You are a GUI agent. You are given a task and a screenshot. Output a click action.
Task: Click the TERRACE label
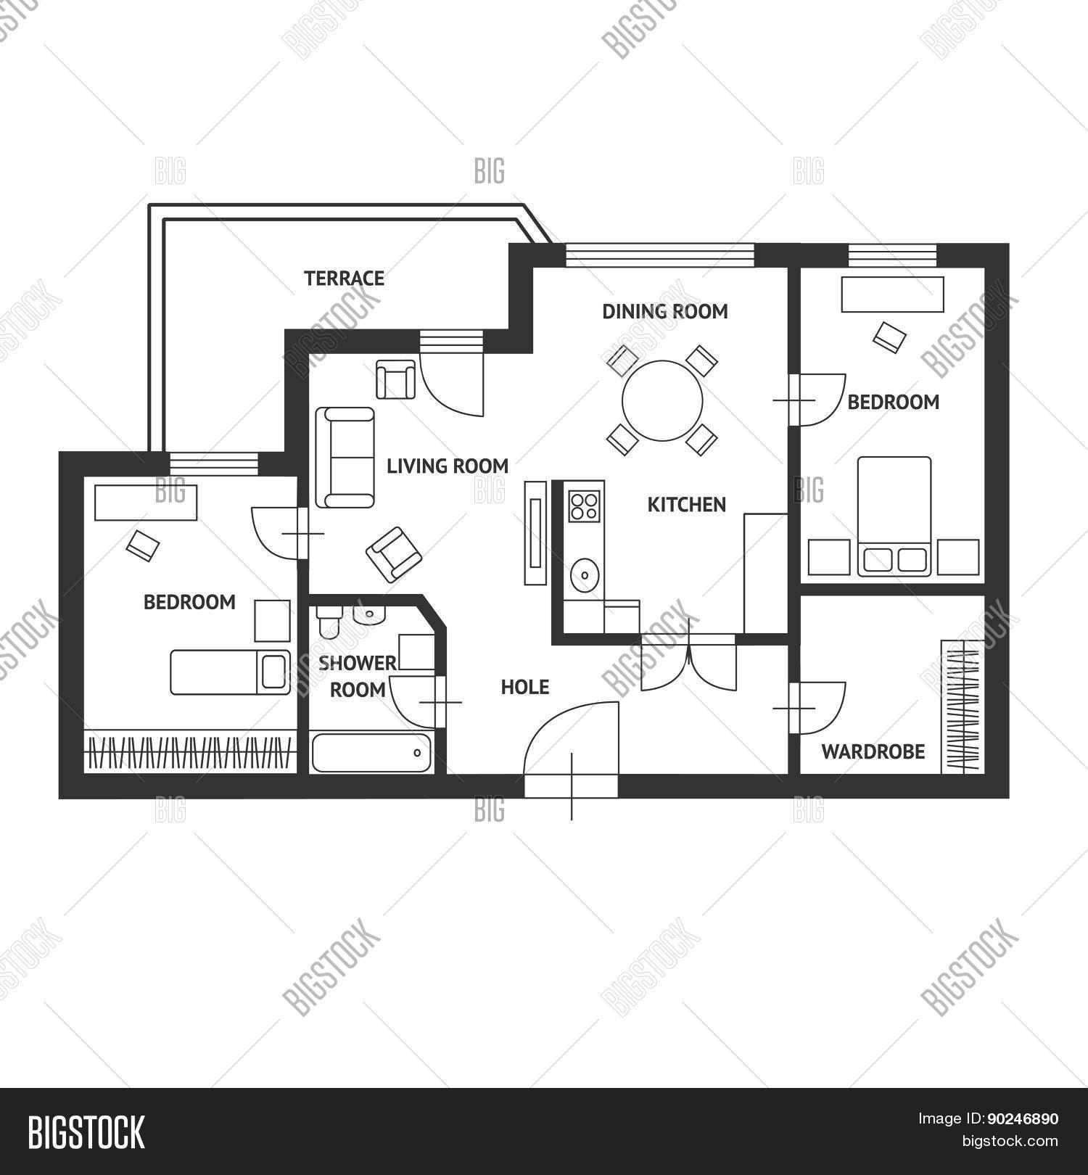344,279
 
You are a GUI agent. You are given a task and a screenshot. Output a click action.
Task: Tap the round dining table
662,400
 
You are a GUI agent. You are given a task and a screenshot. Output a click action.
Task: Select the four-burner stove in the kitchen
585,506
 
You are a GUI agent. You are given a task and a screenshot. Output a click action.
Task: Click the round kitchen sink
584,575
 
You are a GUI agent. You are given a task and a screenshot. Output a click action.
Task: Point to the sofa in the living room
345,457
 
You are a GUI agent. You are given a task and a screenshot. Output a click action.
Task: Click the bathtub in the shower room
371,753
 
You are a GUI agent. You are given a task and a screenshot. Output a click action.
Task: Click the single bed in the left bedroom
230,672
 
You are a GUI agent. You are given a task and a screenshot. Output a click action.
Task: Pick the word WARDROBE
873,751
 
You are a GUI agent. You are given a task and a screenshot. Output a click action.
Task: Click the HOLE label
525,687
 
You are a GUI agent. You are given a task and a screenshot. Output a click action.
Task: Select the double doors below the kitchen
688,664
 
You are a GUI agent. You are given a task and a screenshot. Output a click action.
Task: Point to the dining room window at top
659,255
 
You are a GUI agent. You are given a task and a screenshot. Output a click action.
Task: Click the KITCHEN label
686,505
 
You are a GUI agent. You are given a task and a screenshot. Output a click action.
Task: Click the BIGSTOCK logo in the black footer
86,1132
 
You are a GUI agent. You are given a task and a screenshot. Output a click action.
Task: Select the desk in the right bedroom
892,294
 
